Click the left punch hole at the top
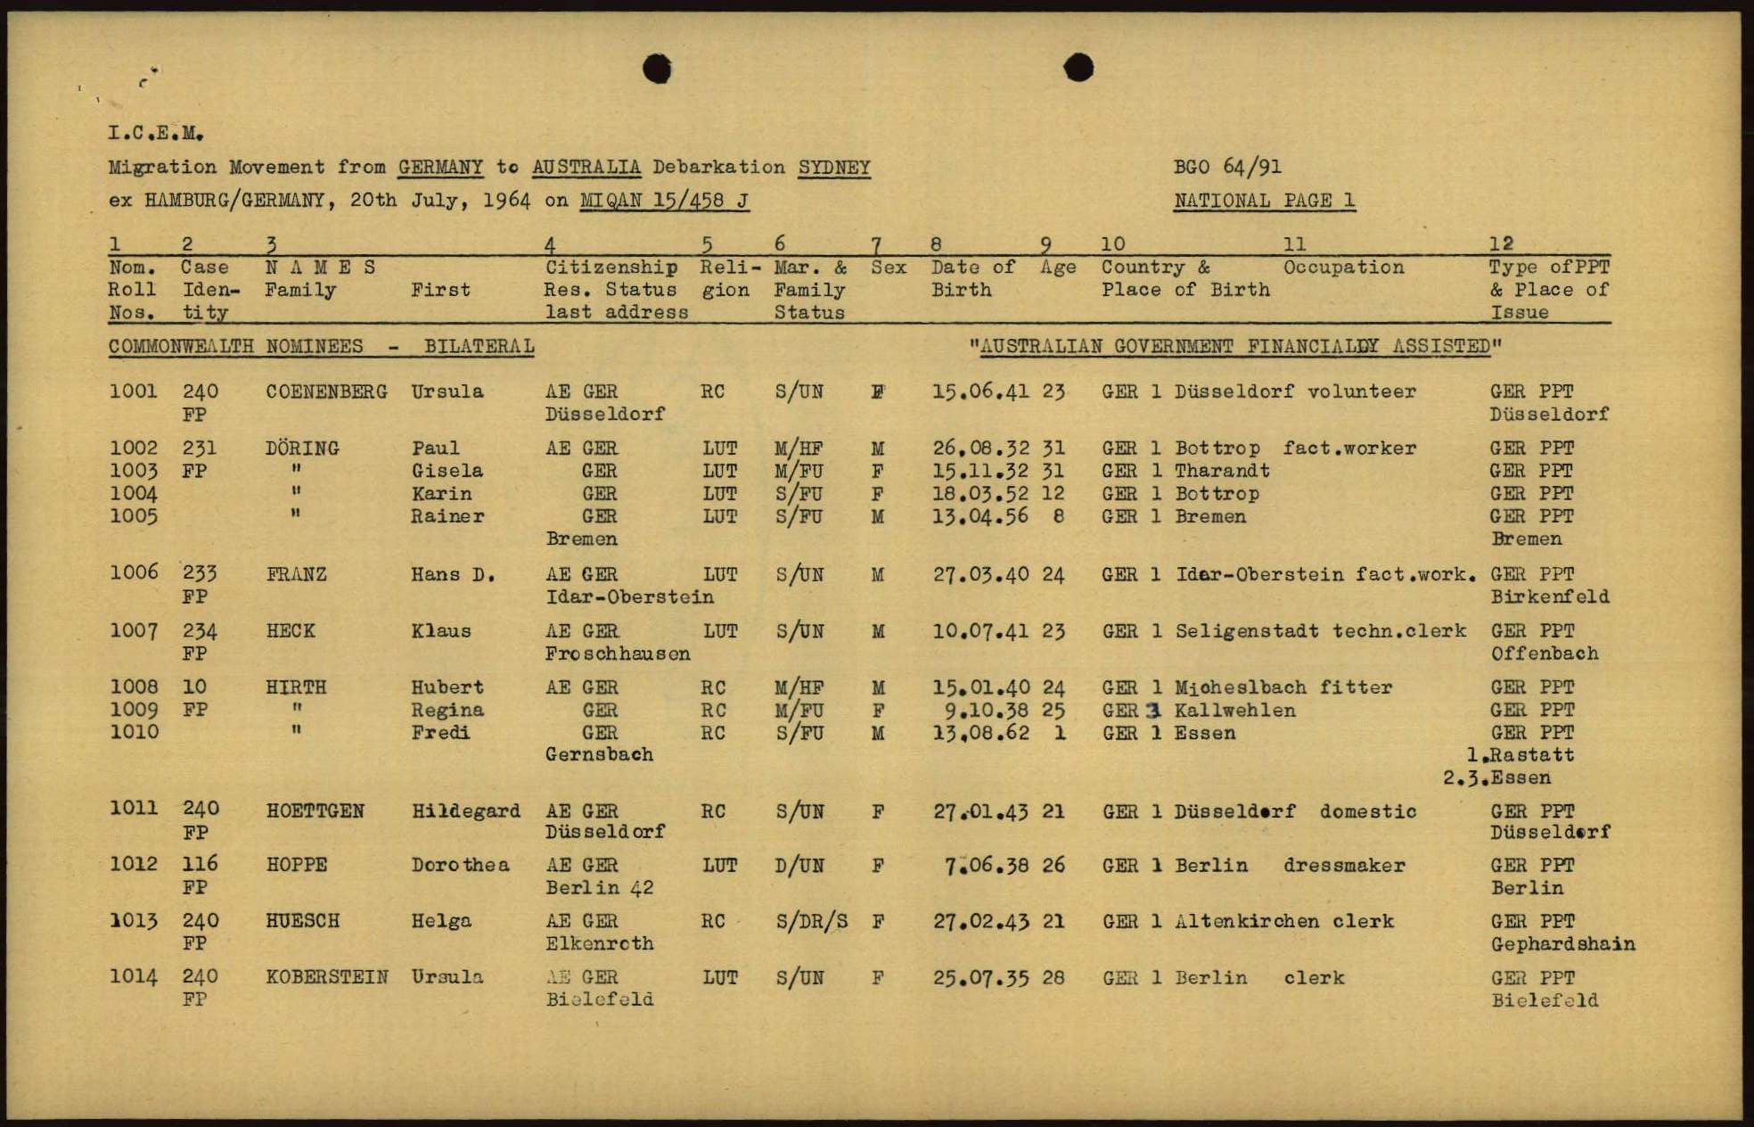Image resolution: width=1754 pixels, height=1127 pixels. tap(657, 68)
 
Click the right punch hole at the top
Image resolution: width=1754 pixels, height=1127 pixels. tap(1078, 67)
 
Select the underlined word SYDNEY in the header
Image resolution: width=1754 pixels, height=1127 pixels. tap(834, 168)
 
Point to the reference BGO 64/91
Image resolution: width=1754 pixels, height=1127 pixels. tap(1227, 167)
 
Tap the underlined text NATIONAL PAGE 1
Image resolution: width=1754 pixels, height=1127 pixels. tap(1264, 201)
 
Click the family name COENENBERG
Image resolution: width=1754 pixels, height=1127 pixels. tap(326, 391)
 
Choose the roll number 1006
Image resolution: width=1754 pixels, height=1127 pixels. tap(133, 572)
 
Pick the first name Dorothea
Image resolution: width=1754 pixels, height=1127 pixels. tap(460, 865)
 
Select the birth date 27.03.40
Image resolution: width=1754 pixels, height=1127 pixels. tap(980, 574)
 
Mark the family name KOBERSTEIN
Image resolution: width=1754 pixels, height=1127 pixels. tap(327, 977)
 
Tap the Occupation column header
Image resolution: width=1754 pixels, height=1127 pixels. tap(1343, 267)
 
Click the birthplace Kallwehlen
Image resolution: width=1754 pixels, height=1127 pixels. tap(1234, 711)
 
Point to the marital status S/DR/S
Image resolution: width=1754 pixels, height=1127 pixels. tap(811, 921)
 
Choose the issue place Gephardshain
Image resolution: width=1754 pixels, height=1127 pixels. tap(1562, 943)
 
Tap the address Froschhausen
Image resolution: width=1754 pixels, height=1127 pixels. tap(618, 654)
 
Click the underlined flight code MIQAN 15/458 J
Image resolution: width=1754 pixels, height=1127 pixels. tap(664, 201)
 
